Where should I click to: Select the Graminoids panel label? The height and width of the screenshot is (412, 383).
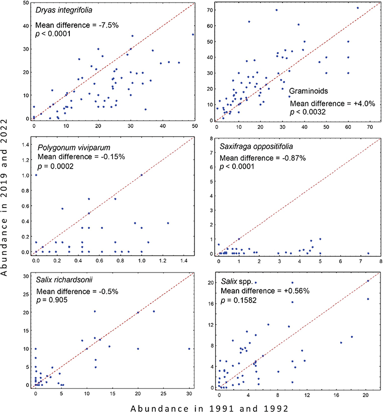tap(309, 92)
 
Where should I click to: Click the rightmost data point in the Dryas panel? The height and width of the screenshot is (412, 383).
tap(193, 35)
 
